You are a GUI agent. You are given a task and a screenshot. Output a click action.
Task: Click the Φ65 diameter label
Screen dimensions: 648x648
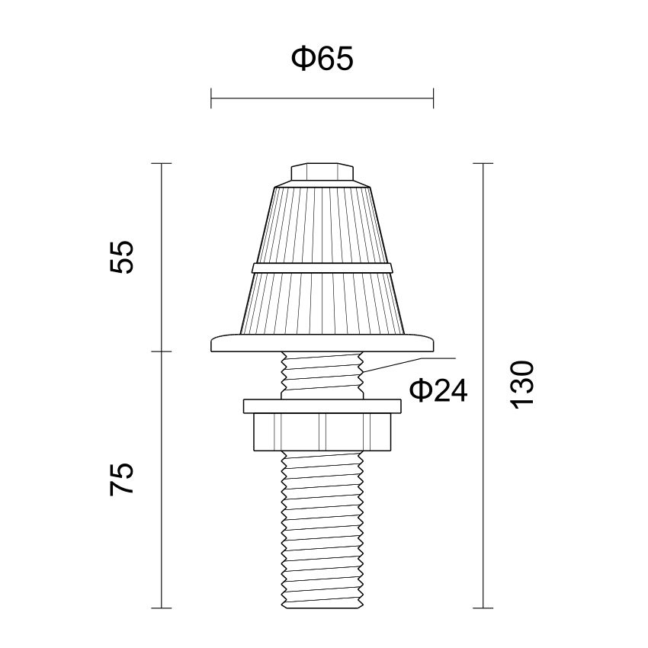[322, 58]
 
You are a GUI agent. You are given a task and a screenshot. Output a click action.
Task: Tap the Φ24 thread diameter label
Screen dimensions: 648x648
[438, 390]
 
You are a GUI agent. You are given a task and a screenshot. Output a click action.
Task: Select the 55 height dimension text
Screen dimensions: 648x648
[122, 257]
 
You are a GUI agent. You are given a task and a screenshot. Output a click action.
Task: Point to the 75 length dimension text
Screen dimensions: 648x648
[122, 480]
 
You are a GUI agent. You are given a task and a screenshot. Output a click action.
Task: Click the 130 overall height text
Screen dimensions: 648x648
[523, 385]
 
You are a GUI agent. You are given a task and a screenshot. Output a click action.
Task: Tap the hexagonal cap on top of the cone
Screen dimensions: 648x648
[322, 172]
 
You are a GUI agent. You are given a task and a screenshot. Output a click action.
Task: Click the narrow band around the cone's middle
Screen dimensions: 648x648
[322, 268]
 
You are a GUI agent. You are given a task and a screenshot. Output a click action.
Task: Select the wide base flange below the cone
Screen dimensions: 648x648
[322, 342]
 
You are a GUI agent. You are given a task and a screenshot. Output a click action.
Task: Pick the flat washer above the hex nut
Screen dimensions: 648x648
[322, 406]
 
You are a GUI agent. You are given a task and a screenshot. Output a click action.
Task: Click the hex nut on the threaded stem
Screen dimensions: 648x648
[322, 431]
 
